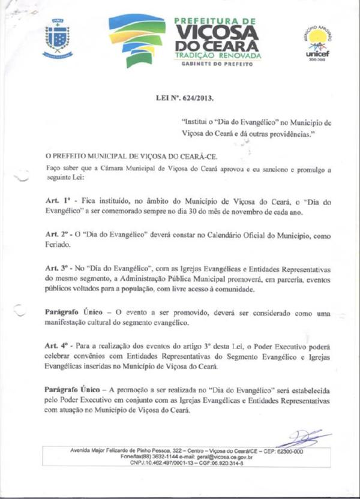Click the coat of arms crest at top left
58,38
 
